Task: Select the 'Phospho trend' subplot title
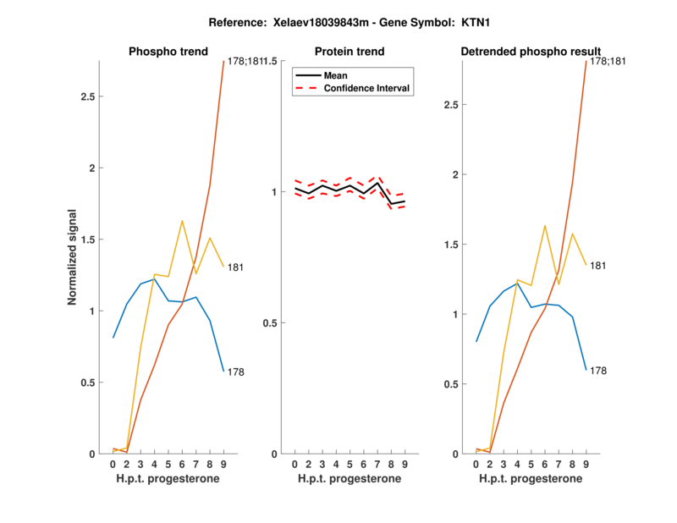pyautogui.click(x=168, y=52)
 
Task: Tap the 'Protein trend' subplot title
pyautogui.click(x=350, y=52)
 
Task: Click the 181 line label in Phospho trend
pyautogui.click(x=236, y=267)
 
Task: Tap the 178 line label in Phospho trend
pyautogui.click(x=236, y=372)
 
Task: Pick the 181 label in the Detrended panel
pyautogui.click(x=598, y=266)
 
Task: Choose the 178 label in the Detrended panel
pyautogui.click(x=598, y=371)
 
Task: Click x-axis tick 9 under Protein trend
pyautogui.click(x=404, y=465)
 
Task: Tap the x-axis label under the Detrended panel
pyautogui.click(x=530, y=479)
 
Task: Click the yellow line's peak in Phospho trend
pyautogui.click(x=182, y=221)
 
